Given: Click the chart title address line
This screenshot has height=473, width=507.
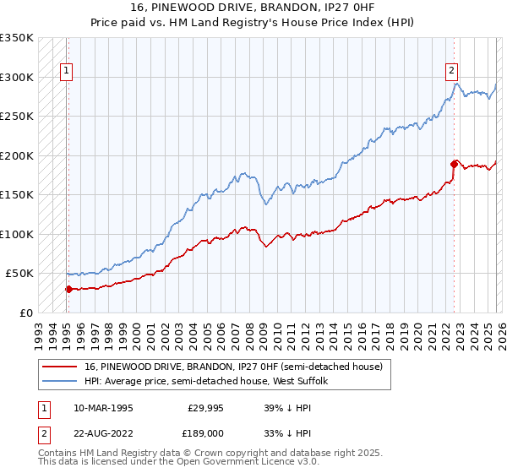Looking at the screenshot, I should [x=253, y=8].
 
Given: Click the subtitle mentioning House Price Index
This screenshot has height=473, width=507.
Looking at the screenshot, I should [x=253, y=22].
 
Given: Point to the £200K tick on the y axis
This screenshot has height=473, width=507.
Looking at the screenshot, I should [x=17, y=155].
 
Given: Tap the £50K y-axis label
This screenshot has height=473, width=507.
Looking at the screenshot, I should [x=20, y=274].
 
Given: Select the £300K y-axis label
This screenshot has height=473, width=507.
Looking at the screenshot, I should [x=17, y=77].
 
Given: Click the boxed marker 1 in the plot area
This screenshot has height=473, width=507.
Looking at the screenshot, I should [x=67, y=72].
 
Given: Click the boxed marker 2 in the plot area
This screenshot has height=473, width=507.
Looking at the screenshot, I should [x=452, y=72].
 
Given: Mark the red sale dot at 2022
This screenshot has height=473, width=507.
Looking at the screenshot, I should [x=454, y=164].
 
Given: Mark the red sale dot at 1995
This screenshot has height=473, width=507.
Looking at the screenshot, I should [x=68, y=289].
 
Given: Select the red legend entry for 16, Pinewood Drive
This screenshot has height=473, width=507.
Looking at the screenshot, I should [x=233, y=367].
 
